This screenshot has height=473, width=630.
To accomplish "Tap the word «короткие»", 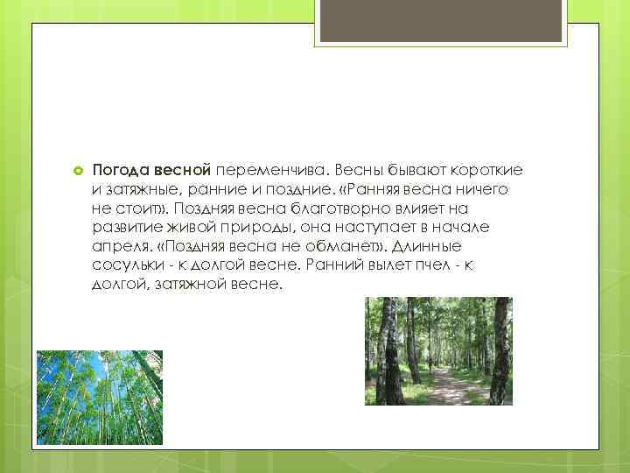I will pyautogui.click(x=488, y=170).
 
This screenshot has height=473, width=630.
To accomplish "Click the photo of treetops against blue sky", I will pyautogui.click(x=99, y=398).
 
